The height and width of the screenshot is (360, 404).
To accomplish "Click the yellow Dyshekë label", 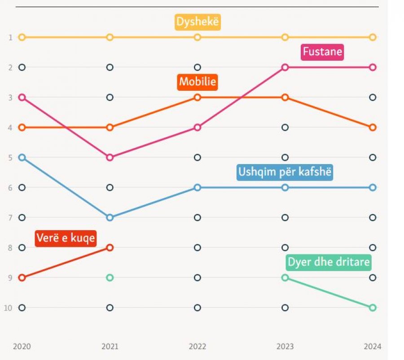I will pos(198,22).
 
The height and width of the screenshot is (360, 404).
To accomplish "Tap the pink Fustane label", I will pos(322,52).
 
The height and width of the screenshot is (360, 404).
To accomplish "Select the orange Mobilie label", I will pos(198,82).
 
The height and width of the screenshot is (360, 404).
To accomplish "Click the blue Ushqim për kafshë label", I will pos(285,173).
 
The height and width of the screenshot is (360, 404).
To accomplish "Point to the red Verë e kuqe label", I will pos(66,238).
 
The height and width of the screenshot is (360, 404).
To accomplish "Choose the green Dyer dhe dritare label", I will pos(329,262).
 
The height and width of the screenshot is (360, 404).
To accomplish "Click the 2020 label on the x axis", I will pos(22,347).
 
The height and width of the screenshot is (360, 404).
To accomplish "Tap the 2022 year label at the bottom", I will pos(198,347).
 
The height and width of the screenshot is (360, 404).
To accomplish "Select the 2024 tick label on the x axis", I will pos(372,347).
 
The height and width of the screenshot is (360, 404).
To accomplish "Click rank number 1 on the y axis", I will pos(10,37).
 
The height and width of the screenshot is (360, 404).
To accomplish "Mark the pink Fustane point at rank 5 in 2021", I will pos(110,157).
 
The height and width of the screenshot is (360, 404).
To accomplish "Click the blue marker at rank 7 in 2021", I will pos(110,218).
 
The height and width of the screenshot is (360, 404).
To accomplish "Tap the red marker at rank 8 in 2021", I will pos(110,248).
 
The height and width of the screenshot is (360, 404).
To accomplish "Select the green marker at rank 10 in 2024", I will pos(373,308).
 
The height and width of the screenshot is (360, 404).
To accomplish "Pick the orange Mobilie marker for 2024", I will pos(373,127).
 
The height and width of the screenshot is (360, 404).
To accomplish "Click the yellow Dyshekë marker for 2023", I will pos(285,37).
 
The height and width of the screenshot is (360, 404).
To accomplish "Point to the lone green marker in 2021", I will pos(110,278).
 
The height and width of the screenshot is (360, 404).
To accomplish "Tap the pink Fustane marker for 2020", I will pos(22,97).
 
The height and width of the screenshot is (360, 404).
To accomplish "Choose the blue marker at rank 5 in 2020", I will pos(22,157).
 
